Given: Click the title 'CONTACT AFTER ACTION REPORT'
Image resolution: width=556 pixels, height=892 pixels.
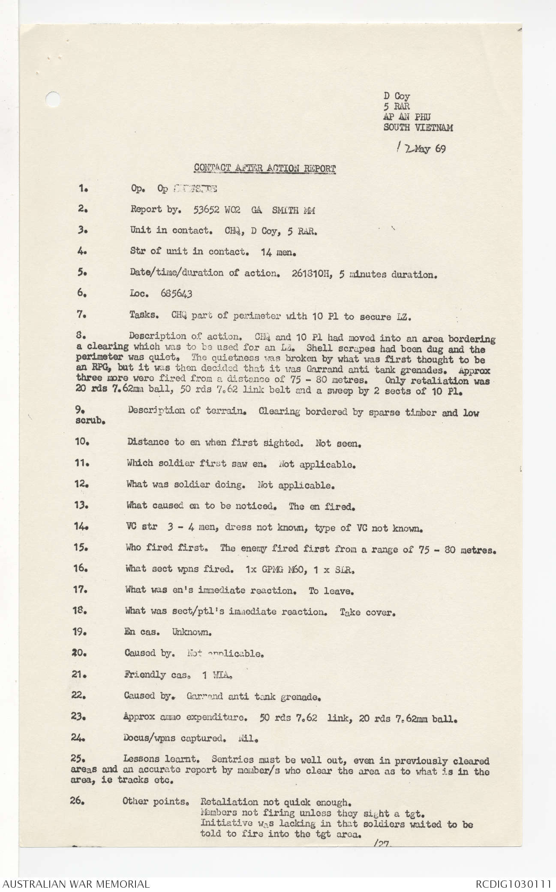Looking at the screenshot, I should click(264, 168).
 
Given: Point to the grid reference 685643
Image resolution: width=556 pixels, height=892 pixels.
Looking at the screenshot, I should click(176, 293).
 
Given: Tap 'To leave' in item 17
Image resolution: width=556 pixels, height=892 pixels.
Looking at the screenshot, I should click(331, 591).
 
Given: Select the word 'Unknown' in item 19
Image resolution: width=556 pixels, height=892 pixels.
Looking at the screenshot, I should click(192, 632).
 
